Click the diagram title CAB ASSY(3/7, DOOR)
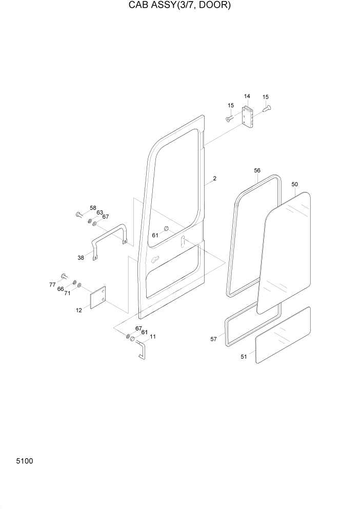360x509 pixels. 179,6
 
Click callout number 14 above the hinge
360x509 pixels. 247,96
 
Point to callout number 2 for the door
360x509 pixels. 214,179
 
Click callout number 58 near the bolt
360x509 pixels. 93,208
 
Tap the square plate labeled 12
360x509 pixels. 97,298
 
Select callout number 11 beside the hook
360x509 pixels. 153,337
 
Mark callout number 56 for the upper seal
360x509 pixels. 257,170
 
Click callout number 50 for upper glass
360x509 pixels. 294,184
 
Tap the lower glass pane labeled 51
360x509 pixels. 283,336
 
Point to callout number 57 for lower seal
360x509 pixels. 214,339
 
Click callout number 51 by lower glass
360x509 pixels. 244,357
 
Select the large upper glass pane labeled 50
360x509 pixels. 285,251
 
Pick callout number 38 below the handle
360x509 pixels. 81,258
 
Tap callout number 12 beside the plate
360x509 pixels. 78,310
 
